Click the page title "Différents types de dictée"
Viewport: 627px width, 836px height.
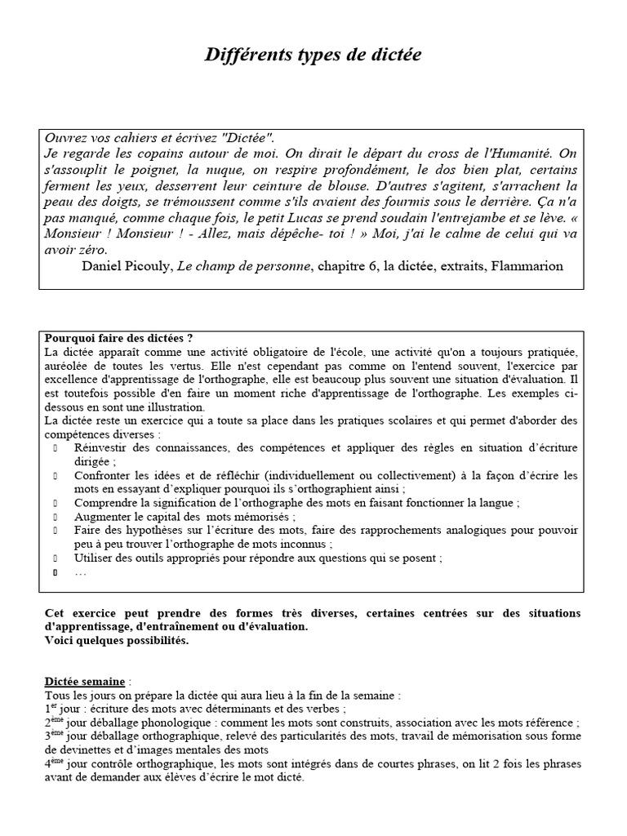pyautogui.click(x=313, y=55)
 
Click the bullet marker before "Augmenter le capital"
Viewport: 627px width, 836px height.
pyautogui.click(x=56, y=517)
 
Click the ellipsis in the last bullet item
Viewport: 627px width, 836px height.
pyautogui.click(x=80, y=572)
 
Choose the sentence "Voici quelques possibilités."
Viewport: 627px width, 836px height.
pyautogui.click(x=116, y=640)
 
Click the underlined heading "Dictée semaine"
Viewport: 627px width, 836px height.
pyautogui.click(x=84, y=681)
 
